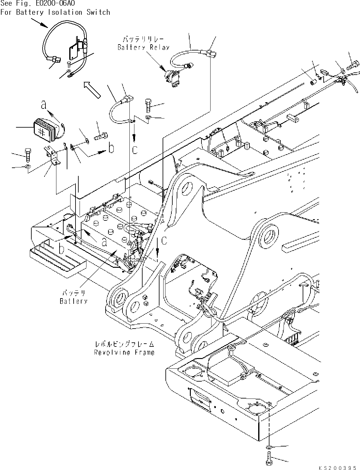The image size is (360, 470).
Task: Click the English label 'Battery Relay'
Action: pyautogui.click(x=143, y=48)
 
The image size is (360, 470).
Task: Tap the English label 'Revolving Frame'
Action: pyautogui.click(x=124, y=352)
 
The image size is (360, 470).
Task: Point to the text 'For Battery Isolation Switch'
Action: pyautogui.click(x=55, y=13)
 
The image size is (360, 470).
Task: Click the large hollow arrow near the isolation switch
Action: pyautogui.click(x=92, y=89)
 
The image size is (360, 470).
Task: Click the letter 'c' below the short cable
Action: pyautogui.click(x=135, y=150)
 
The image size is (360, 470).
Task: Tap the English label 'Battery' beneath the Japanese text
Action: pyautogui.click(x=73, y=301)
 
